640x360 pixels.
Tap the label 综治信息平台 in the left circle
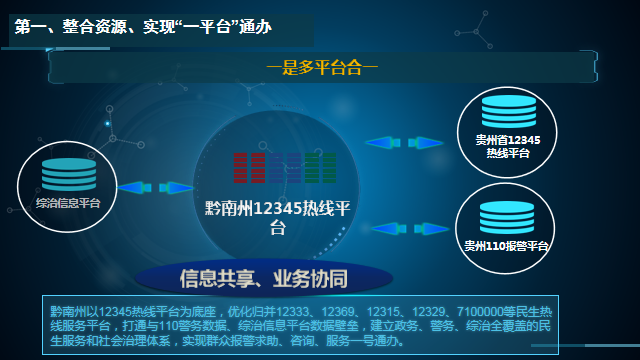point(68,202)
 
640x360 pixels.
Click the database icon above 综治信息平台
point(68,172)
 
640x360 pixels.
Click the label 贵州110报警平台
point(507,245)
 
